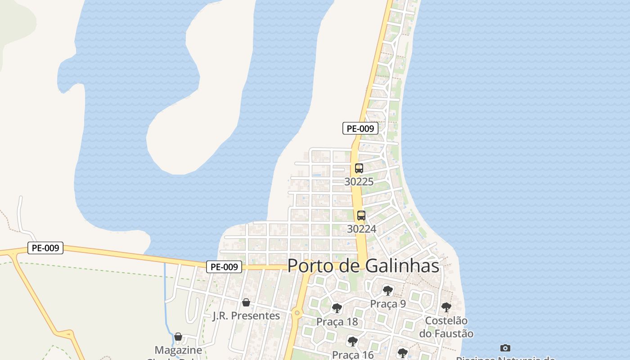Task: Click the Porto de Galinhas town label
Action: pyautogui.click(x=363, y=265)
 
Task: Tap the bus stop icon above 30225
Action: pyautogui.click(x=359, y=169)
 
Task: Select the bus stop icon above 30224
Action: pyautogui.click(x=361, y=216)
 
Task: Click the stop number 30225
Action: pyautogui.click(x=359, y=182)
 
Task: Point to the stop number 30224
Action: pyautogui.click(x=361, y=229)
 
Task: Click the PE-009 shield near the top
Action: pyautogui.click(x=360, y=128)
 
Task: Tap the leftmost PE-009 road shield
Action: pyautogui.click(x=45, y=248)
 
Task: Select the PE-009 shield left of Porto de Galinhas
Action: pyautogui.click(x=224, y=267)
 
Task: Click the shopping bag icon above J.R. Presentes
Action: pyautogui.click(x=246, y=302)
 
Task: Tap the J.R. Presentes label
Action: pyautogui.click(x=246, y=315)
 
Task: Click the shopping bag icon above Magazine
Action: pyautogui.click(x=178, y=337)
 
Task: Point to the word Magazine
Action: pyautogui.click(x=178, y=350)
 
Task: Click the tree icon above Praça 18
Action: pyautogui.click(x=337, y=308)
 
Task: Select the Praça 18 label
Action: pyautogui.click(x=337, y=322)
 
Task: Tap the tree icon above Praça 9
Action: pyautogui.click(x=387, y=291)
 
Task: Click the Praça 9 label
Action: pyautogui.click(x=387, y=304)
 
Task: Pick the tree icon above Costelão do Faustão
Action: pyautogui.click(x=446, y=307)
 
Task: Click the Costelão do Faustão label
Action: pyautogui.click(x=446, y=327)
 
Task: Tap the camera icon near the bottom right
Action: pyautogui.click(x=505, y=348)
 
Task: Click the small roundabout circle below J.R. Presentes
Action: pyautogui.click(x=297, y=312)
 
